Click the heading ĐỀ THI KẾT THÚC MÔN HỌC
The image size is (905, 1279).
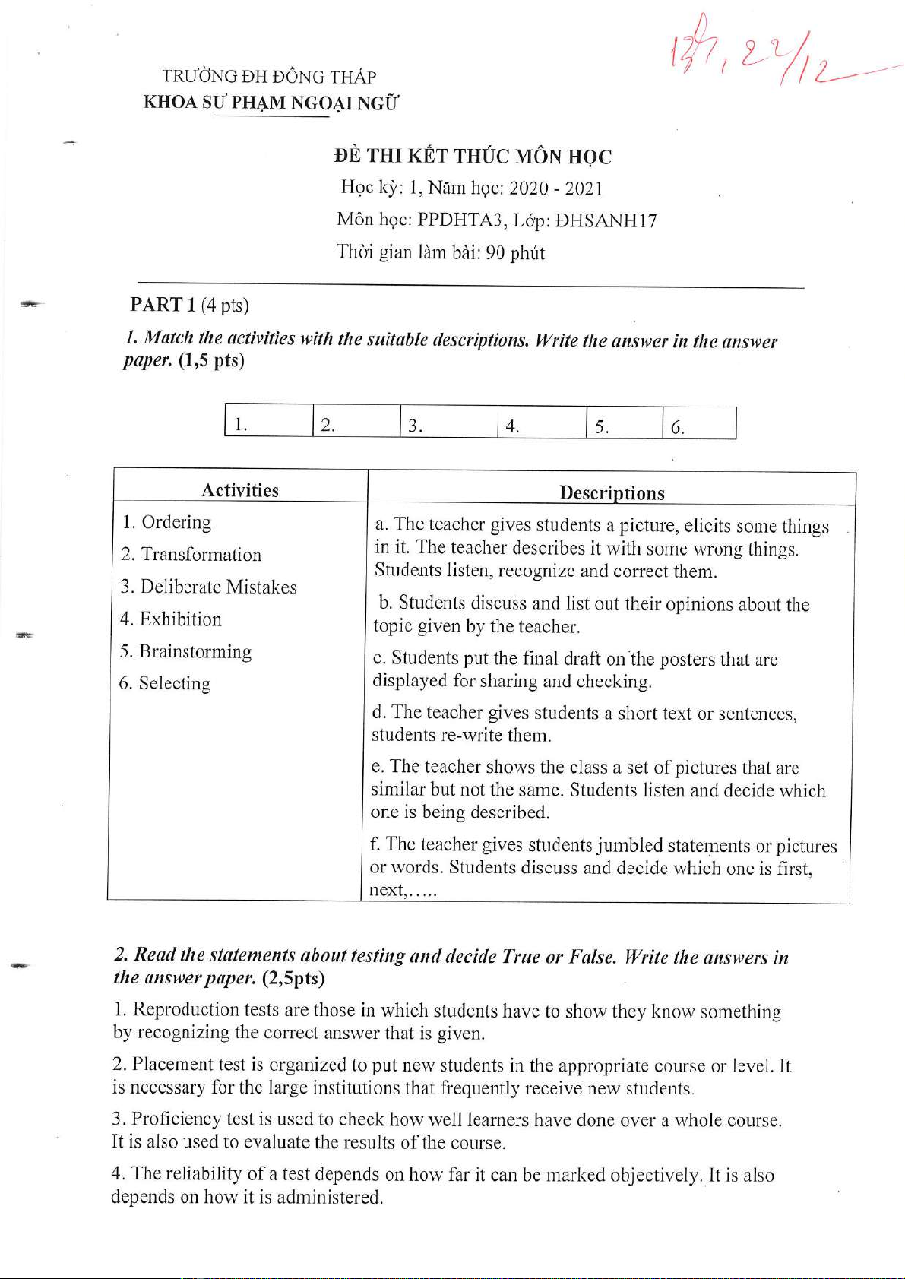pyautogui.click(x=472, y=157)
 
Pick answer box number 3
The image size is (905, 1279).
pyautogui.click(x=448, y=424)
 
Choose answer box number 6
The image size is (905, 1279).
pyautogui.click(x=698, y=425)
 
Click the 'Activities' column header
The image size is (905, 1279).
pyautogui.click(x=240, y=490)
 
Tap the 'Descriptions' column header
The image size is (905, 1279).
pyautogui.click(x=612, y=493)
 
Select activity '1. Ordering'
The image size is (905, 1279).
pyautogui.click(x=167, y=522)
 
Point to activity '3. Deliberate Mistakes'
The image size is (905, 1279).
pyautogui.click(x=208, y=587)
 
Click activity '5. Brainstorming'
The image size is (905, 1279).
pyautogui.click(x=185, y=651)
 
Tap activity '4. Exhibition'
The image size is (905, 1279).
pyautogui.click(x=171, y=619)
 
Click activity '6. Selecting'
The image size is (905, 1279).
pyautogui.click(x=165, y=683)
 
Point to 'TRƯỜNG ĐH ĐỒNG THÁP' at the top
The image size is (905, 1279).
pyautogui.click(x=269, y=77)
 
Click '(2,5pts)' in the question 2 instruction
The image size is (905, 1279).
pyautogui.click(x=293, y=977)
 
